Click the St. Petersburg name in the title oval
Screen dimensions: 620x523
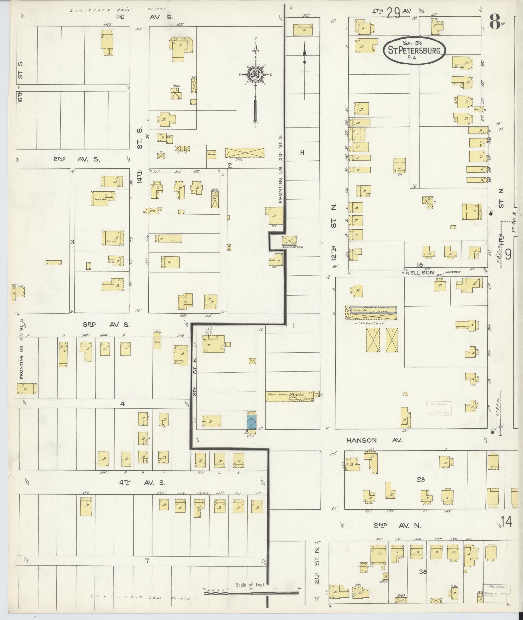414,51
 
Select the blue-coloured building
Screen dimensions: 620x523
251,422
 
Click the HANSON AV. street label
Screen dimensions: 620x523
374,440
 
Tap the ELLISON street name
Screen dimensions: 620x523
422,273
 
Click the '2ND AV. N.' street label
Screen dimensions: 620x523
397,526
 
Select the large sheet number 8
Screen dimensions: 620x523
495,22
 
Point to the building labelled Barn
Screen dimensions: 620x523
212,154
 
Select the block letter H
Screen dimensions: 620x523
302,152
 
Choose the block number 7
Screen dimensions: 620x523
147,561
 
